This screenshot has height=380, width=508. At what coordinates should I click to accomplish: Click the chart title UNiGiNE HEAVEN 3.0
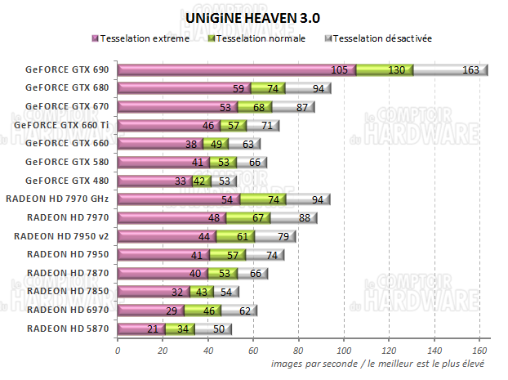click(x=252, y=16)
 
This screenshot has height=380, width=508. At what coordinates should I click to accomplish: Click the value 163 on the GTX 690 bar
click(x=470, y=70)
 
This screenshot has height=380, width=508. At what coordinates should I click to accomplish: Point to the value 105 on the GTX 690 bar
click(x=341, y=70)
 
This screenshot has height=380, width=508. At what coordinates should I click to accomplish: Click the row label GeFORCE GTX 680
click(x=66, y=88)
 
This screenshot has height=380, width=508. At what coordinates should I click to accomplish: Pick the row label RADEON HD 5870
click(x=66, y=328)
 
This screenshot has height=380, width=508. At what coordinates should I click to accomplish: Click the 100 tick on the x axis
click(x=344, y=350)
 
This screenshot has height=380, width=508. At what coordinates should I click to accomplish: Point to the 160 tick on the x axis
click(x=479, y=350)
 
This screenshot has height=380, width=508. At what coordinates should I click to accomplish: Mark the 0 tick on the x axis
click(x=118, y=350)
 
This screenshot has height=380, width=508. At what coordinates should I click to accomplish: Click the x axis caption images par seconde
click(x=378, y=363)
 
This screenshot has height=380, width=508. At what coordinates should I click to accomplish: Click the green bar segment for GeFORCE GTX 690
click(x=384, y=70)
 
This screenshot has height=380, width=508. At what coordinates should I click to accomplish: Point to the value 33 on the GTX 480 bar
click(x=180, y=181)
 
